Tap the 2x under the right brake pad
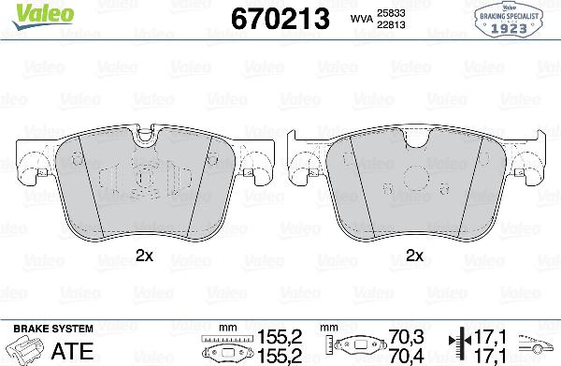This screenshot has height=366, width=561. [416, 255]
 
